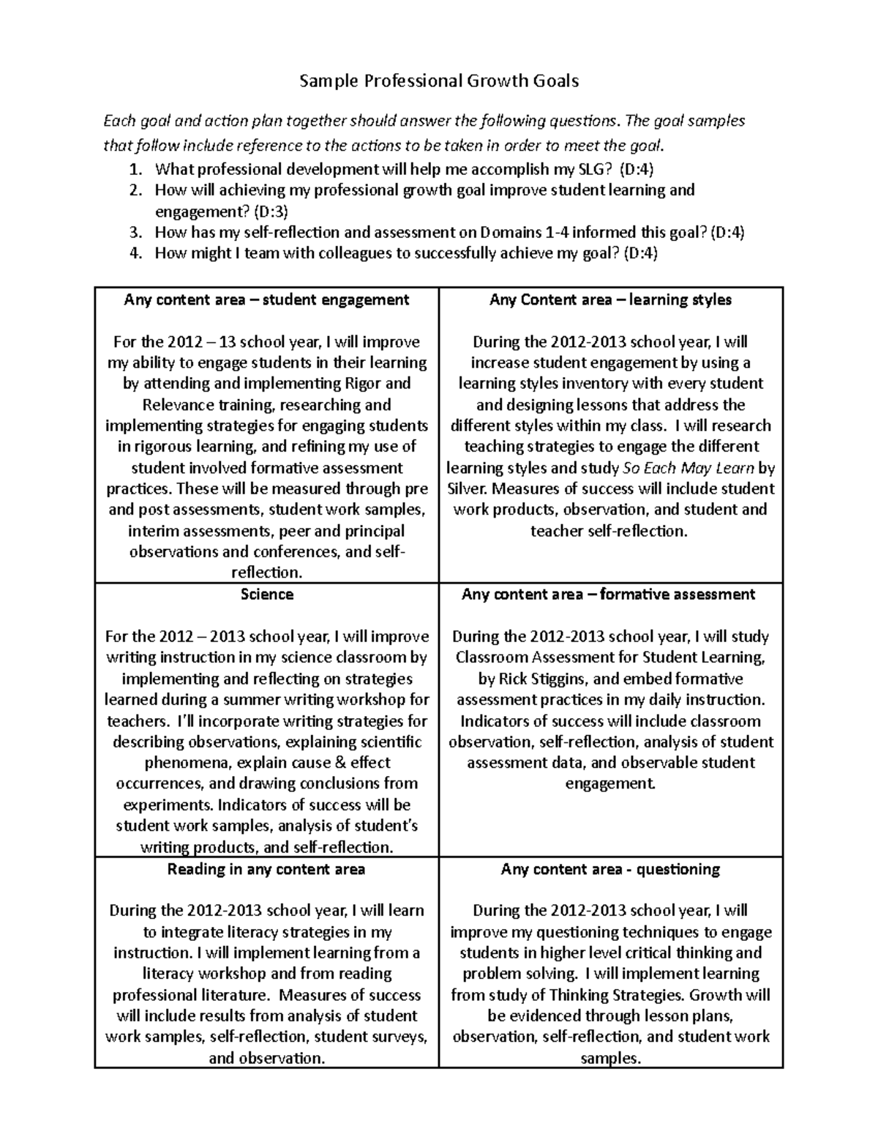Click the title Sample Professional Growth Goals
(439, 81)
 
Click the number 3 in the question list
(134, 234)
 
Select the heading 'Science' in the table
(267, 594)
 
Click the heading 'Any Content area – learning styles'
(610, 299)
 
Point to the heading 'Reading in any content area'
(266, 869)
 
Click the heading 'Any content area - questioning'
(610, 869)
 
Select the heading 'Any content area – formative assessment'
(608, 594)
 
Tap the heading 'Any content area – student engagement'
(266, 299)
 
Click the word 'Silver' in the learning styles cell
(467, 489)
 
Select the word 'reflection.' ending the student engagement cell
(266, 573)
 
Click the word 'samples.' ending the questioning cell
(610, 1058)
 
